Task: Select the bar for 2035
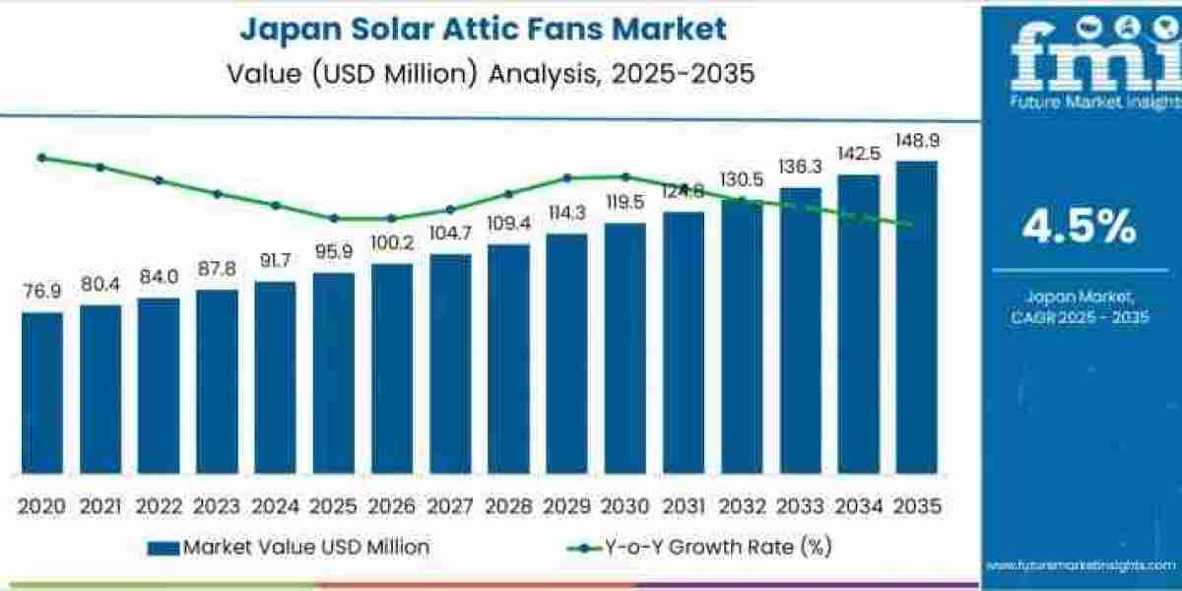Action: pos(916,316)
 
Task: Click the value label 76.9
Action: pos(41,293)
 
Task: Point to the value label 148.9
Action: pos(916,141)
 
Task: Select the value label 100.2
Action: pos(392,243)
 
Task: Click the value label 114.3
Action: pos(566,213)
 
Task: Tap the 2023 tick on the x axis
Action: pos(217,506)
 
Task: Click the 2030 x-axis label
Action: pos(624,506)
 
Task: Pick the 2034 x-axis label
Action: pos(858,506)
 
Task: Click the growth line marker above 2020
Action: pos(41,158)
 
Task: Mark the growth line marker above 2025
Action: pos(334,219)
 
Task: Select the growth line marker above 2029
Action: pos(566,178)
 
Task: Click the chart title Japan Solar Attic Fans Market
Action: pos(483,29)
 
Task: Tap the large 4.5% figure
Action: pos(1079,228)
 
